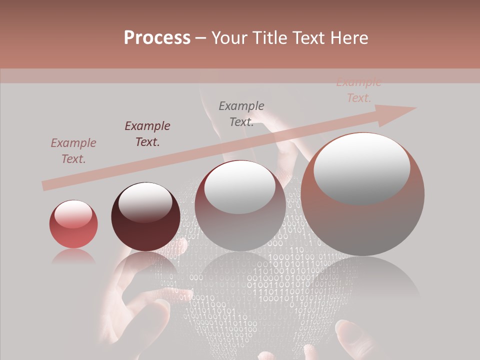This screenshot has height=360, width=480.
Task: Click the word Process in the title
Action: coord(157,37)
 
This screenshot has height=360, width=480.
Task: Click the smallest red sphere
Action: coord(73,224)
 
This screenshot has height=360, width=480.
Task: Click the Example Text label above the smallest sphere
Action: coord(73,151)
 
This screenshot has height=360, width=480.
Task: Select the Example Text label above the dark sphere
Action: coord(147,134)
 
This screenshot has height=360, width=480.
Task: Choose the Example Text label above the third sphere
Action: coord(241,114)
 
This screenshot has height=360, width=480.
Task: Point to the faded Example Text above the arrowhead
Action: coord(358,90)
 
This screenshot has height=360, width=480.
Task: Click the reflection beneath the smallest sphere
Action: coord(73,256)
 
